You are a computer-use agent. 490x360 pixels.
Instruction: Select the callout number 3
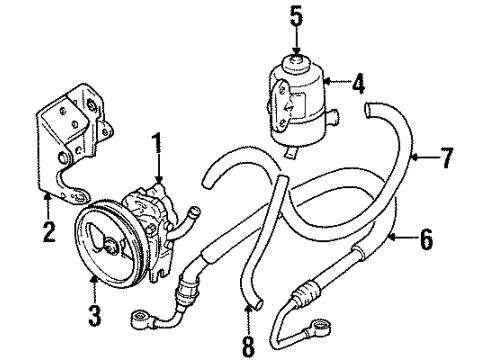click(93, 291)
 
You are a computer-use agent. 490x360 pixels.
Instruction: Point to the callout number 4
click(355, 83)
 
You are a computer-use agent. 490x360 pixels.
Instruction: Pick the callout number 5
click(294, 16)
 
